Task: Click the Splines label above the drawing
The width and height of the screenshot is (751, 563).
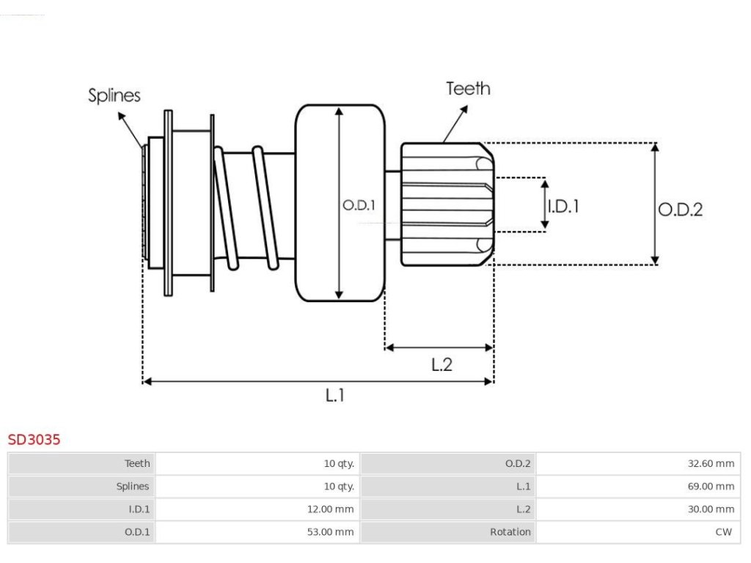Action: click(x=114, y=96)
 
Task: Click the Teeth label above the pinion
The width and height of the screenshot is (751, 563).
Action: click(x=468, y=89)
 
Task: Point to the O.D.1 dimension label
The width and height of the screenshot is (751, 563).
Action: click(x=359, y=205)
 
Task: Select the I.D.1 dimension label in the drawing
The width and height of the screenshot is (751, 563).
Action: click(x=563, y=206)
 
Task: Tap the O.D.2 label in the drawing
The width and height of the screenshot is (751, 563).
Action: click(x=680, y=209)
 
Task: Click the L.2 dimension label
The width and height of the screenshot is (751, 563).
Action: click(x=442, y=365)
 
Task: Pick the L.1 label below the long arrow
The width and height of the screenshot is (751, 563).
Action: click(x=334, y=395)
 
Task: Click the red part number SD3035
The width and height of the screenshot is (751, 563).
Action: click(x=34, y=440)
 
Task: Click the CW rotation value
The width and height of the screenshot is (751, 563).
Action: click(x=724, y=532)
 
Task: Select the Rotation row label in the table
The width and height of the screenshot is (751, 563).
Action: click(x=510, y=532)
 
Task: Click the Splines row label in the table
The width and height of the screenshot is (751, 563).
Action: click(x=133, y=487)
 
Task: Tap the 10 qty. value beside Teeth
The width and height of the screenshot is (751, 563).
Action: click(x=339, y=463)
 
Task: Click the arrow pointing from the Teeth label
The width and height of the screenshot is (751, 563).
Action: click(x=455, y=124)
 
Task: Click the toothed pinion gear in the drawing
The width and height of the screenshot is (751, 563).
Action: click(x=447, y=205)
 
